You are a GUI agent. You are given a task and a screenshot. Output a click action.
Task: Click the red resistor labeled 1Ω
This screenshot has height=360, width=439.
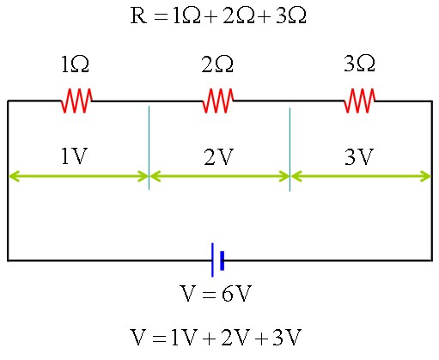tap(76, 101)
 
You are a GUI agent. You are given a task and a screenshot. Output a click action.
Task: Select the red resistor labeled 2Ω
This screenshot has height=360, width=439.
tap(218, 101)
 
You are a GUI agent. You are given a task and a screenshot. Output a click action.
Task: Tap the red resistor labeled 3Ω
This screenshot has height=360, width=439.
tap(359, 101)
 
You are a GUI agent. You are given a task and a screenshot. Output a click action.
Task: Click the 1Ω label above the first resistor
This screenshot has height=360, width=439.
tap(76, 64)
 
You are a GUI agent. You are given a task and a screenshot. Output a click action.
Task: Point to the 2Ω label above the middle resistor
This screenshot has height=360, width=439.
tap(217, 64)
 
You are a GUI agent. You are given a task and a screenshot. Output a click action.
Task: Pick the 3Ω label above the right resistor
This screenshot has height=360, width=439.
tap(359, 64)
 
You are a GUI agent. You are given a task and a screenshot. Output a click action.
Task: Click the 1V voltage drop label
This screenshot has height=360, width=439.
tap(74, 156)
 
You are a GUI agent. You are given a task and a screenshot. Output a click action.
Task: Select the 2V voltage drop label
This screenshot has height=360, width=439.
tap(219, 156)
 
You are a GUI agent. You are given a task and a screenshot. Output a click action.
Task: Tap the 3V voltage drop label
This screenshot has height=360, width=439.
tap(359, 156)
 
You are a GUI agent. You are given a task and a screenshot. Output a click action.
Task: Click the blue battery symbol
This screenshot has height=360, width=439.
tap(217, 260)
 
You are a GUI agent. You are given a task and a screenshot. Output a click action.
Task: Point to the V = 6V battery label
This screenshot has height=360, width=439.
tap(216, 293)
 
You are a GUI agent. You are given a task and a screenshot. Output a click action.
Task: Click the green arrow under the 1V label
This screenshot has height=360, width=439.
tap(78, 176)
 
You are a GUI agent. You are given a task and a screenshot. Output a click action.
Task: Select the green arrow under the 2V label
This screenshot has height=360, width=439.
tap(219, 176)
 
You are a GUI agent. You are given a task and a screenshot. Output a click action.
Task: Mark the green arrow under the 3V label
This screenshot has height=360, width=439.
tap(361, 176)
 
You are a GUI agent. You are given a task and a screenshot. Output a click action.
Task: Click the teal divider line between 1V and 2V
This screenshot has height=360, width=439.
tap(149, 148)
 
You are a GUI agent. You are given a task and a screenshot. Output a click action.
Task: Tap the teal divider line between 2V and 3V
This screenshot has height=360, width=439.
tap(290, 149)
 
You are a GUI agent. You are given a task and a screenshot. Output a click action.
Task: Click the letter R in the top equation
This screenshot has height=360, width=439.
tap(138, 15)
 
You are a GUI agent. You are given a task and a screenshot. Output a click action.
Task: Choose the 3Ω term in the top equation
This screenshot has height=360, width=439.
tap(291, 15)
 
